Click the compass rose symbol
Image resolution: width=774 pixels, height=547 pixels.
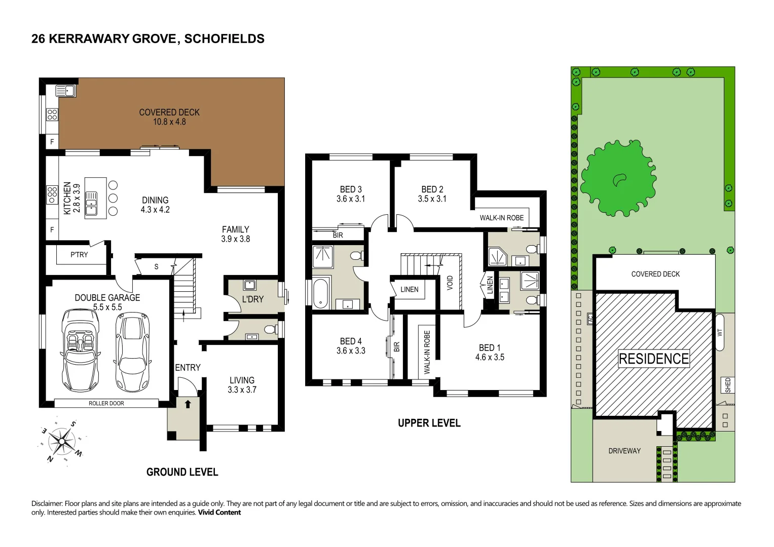click(62, 441)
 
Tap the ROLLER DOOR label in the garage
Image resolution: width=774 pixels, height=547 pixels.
click(106, 403)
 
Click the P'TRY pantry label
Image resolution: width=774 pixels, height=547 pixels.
click(79, 255)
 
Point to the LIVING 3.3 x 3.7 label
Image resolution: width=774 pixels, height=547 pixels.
click(242, 385)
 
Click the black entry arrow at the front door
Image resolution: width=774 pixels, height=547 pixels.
click(188, 404)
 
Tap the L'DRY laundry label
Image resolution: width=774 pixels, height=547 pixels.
click(252, 299)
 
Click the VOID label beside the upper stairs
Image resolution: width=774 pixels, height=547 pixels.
click(450, 283)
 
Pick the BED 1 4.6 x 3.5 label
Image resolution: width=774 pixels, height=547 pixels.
click(490, 353)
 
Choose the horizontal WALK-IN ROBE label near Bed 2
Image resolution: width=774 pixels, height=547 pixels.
click(501, 218)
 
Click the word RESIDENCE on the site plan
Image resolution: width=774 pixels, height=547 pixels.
click(654, 359)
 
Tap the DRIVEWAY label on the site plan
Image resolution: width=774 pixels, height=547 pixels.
click(624, 451)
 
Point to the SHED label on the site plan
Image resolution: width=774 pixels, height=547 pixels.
click(728, 385)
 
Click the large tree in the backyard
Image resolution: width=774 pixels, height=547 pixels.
click(618, 178)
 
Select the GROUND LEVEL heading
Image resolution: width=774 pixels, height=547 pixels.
click(182, 472)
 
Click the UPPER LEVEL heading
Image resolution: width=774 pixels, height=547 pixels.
click(429, 423)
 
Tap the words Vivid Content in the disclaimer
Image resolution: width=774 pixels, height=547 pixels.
click(219, 513)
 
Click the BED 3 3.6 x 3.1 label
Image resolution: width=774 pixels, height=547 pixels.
click(351, 194)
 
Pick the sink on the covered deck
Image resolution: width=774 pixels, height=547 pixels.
click(66, 91)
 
